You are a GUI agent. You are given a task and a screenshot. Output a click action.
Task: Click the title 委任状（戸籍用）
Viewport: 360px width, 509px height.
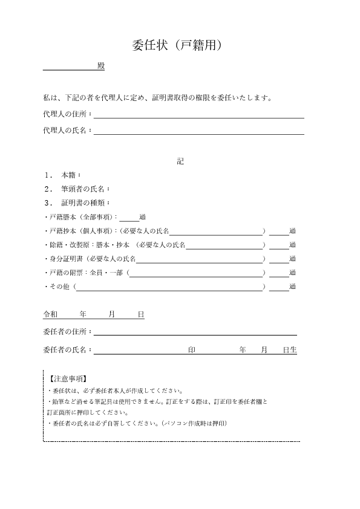[180, 45]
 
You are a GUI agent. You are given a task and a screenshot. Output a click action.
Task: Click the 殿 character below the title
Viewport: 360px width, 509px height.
[100, 66]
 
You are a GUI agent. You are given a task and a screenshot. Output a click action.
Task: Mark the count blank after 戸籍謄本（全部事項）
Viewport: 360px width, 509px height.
[129, 217]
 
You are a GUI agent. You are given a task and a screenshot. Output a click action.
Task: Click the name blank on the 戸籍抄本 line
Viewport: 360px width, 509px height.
[216, 231]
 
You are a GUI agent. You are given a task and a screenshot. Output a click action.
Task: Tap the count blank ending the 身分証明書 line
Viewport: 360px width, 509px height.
[279, 259]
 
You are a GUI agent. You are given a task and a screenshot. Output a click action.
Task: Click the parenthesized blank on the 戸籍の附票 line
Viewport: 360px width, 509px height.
[195, 273]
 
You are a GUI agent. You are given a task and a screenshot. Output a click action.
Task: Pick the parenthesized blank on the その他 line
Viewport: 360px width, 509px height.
[169, 287]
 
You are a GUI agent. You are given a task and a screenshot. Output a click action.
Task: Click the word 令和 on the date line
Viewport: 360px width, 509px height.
[50, 315]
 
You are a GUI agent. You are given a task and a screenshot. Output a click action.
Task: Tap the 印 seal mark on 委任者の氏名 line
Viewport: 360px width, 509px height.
[192, 350]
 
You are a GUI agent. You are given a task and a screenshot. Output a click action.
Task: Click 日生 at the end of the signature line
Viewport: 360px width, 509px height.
[290, 350]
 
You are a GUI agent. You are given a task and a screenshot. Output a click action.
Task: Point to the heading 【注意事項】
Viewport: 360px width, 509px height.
[67, 379]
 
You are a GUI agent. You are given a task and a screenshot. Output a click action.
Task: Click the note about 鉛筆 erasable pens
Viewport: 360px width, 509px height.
[157, 401]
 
